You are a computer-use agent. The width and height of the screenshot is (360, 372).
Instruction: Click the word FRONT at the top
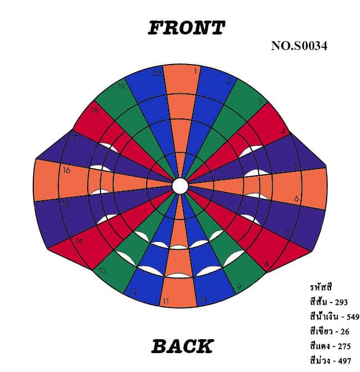click(x=186, y=28)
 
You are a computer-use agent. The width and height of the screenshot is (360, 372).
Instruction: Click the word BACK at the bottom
click(x=182, y=346)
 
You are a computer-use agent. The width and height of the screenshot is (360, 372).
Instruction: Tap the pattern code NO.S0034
click(x=299, y=46)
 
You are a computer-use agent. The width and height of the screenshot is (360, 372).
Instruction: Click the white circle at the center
click(x=179, y=186)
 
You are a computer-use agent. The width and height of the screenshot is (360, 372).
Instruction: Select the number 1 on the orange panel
click(x=195, y=71)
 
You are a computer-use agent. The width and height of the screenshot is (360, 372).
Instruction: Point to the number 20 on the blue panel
click(x=157, y=73)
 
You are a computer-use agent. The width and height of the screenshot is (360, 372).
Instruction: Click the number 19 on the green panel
click(x=122, y=87)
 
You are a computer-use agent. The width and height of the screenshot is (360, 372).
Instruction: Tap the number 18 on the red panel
click(x=94, y=110)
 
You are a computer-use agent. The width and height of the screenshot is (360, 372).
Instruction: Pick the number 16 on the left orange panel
click(x=67, y=170)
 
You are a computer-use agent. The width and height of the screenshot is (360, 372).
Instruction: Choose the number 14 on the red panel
click(x=79, y=241)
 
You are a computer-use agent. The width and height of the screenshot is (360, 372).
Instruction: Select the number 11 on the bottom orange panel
click(x=165, y=301)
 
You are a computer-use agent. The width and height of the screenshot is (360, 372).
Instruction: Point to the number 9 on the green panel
click(x=239, y=287)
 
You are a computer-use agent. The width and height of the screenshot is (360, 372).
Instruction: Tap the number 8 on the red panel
click(x=267, y=264)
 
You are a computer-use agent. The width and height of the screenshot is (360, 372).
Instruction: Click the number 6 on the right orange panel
click(x=296, y=199)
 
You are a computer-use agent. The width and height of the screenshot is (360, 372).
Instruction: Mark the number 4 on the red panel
click(x=284, y=132)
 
